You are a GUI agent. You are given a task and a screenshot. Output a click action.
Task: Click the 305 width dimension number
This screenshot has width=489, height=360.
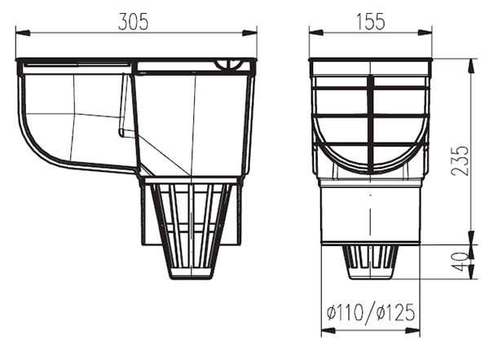click(x=134, y=22)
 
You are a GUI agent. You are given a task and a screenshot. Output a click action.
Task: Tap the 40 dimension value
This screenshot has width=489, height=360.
click(x=461, y=262)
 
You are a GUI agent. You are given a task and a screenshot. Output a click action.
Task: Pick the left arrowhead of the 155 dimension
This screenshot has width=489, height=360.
click(x=314, y=33)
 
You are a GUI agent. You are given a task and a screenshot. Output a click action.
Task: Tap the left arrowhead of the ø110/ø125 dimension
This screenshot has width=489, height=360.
click(x=327, y=331)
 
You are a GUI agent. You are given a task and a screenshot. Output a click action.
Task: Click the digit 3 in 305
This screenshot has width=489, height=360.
click(x=122, y=22)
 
